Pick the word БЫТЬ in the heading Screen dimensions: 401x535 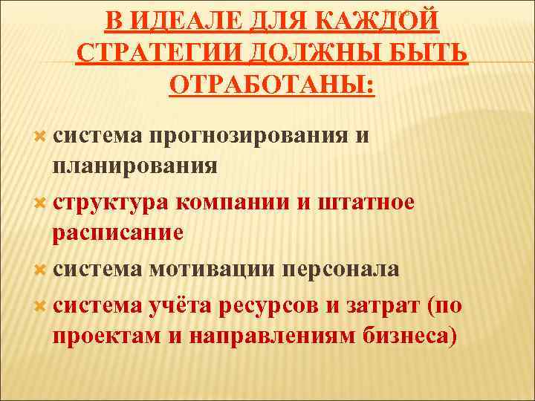(x=431, y=53)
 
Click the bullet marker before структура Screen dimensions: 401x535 (x=41, y=203)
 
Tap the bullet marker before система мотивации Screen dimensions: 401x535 (x=41, y=269)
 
